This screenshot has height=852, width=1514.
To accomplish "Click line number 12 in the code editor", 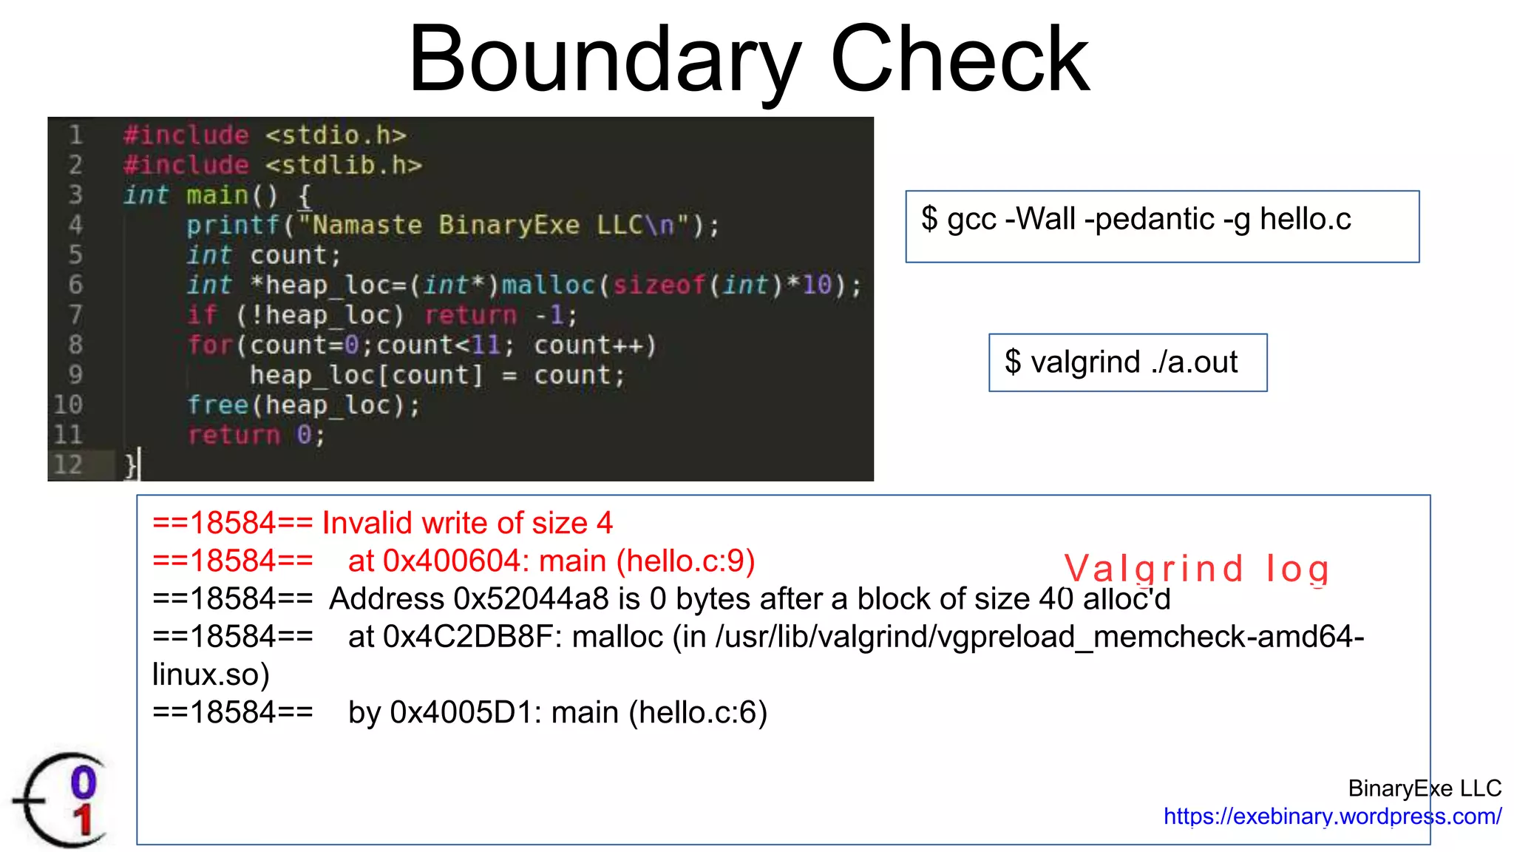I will [x=68, y=464].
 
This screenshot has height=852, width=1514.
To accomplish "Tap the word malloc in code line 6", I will [x=548, y=285].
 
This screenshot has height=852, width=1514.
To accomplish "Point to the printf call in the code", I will [x=233, y=225].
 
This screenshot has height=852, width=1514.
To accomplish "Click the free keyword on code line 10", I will [x=217, y=405].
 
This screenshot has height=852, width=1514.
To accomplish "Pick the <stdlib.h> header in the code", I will [x=344, y=165].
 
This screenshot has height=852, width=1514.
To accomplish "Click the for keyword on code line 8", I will [x=209, y=345].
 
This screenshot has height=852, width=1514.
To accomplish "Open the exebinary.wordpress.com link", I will [x=1332, y=816].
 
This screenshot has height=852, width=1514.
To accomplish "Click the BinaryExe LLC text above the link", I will [x=1424, y=788].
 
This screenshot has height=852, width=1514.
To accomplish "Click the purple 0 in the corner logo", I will [x=84, y=782].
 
